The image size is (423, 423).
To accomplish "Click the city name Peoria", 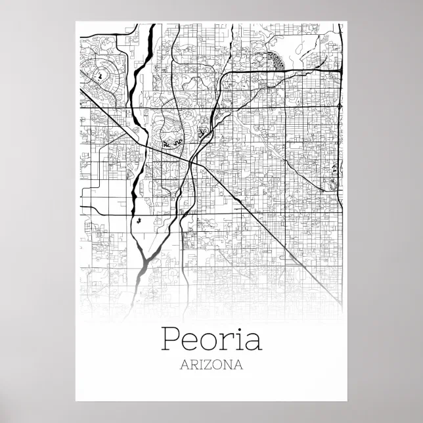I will point(211,340).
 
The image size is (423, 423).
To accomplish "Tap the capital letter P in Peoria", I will point(169,339).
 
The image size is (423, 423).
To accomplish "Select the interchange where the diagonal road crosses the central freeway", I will point(190,160).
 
